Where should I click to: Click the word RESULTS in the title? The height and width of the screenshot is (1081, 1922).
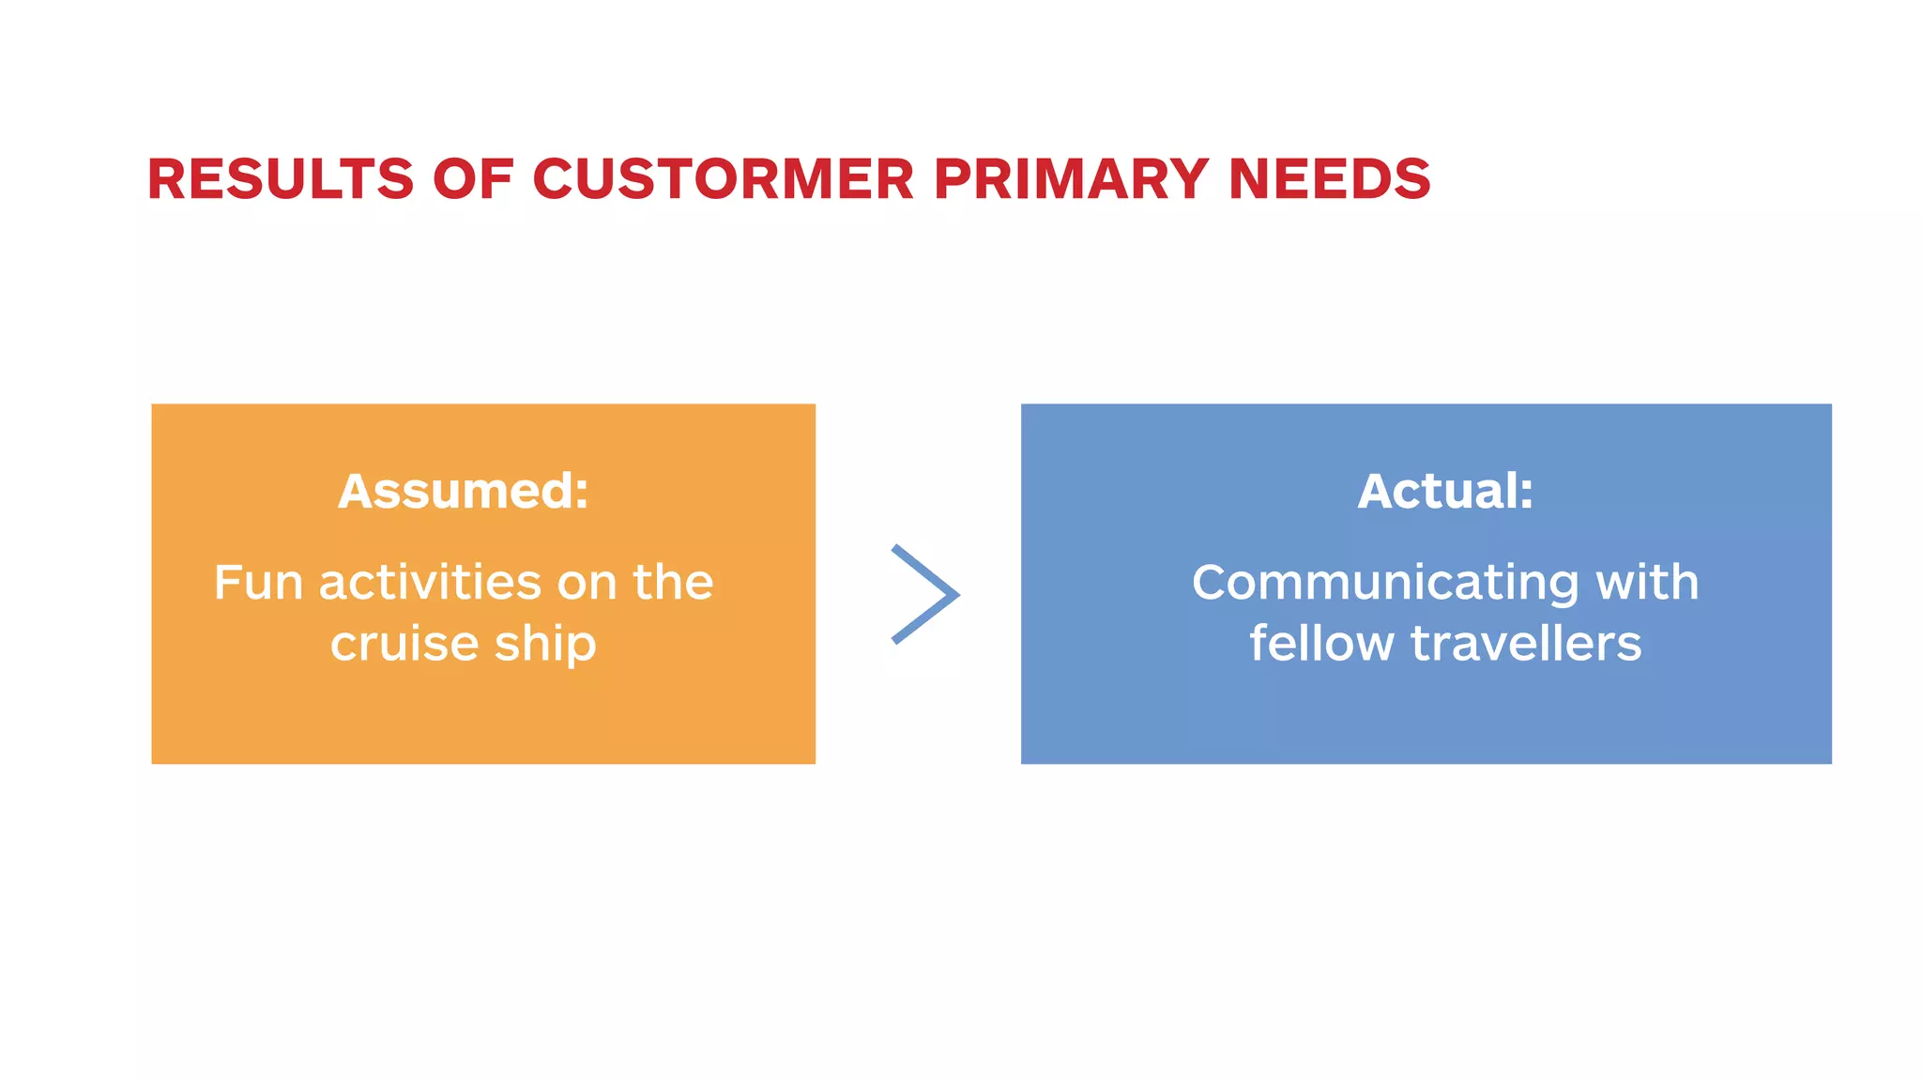pyautogui.click(x=280, y=178)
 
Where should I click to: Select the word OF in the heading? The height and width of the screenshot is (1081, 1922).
pyautogui.click(x=473, y=178)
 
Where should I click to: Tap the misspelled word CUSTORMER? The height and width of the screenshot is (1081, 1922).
pyautogui.click(x=723, y=178)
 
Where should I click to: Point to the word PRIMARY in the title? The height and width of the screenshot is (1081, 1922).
pyautogui.click(x=1071, y=178)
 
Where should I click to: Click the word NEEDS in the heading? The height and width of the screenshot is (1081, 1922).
pyautogui.click(x=1329, y=178)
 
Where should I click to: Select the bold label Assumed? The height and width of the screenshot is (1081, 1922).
pyautogui.click(x=463, y=491)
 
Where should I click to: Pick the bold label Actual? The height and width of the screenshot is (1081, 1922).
pyautogui.click(x=1444, y=491)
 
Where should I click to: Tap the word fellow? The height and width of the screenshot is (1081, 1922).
pyautogui.click(x=1321, y=644)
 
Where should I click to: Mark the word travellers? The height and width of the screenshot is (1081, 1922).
pyautogui.click(x=1526, y=644)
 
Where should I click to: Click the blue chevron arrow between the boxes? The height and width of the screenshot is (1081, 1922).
pyautogui.click(x=925, y=594)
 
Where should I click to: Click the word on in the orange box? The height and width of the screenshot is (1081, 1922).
pyautogui.click(x=587, y=584)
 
